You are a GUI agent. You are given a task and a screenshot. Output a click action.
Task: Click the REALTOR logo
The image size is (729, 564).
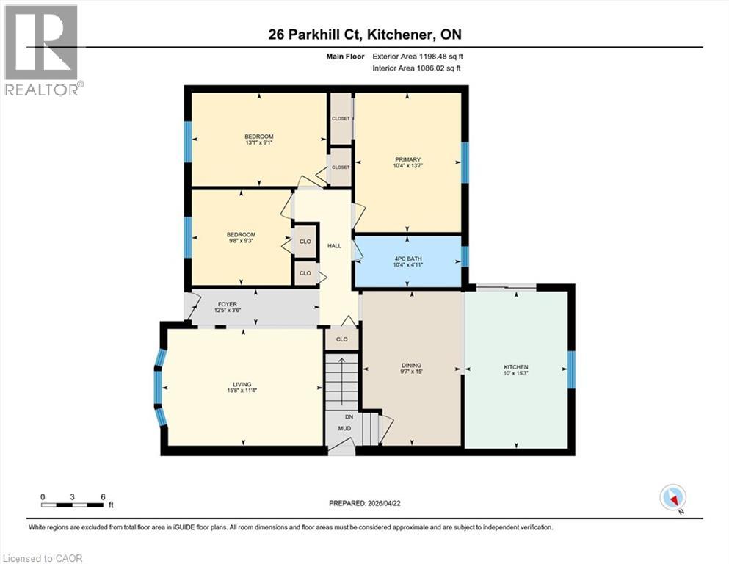43,50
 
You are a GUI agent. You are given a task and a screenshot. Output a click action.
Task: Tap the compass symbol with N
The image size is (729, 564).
672,498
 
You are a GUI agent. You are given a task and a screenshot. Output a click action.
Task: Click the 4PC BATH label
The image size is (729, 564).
409,258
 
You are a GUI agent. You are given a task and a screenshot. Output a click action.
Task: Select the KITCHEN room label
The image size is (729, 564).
515,367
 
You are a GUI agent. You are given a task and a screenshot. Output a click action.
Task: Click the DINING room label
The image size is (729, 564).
411,366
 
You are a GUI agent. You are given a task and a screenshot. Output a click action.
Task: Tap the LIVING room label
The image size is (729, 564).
242,385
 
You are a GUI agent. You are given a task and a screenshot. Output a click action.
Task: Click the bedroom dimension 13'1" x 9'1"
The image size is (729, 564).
258,143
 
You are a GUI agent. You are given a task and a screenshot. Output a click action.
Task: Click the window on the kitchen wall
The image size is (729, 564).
573,369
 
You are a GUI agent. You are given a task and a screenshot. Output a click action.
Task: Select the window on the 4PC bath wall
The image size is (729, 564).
464,256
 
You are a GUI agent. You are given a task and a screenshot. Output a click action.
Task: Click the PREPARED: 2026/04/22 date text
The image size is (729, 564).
365,503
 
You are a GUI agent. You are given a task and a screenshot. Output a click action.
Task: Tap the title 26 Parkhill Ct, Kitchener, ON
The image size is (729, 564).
364,34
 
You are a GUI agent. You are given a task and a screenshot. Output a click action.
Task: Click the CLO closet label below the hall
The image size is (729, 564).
341,339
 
